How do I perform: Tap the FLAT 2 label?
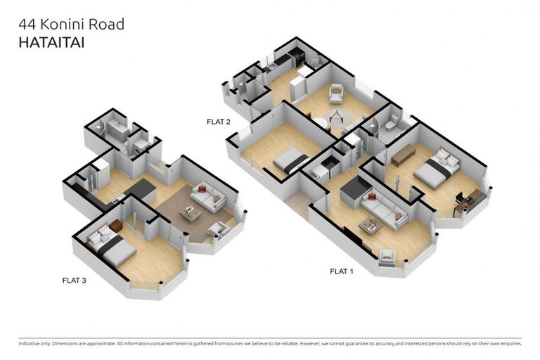[x=218, y=122]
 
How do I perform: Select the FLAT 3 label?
[x=74, y=280]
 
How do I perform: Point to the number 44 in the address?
[x=26, y=25]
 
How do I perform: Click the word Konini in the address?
[x=65, y=25]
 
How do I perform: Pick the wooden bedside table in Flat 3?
[x=116, y=226]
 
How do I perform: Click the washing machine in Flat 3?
[x=141, y=144]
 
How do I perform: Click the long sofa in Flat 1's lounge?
[x=384, y=207]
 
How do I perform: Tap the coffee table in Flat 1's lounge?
[x=371, y=226]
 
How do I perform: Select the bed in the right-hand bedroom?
[x=437, y=169]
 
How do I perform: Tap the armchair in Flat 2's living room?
[x=335, y=93]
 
